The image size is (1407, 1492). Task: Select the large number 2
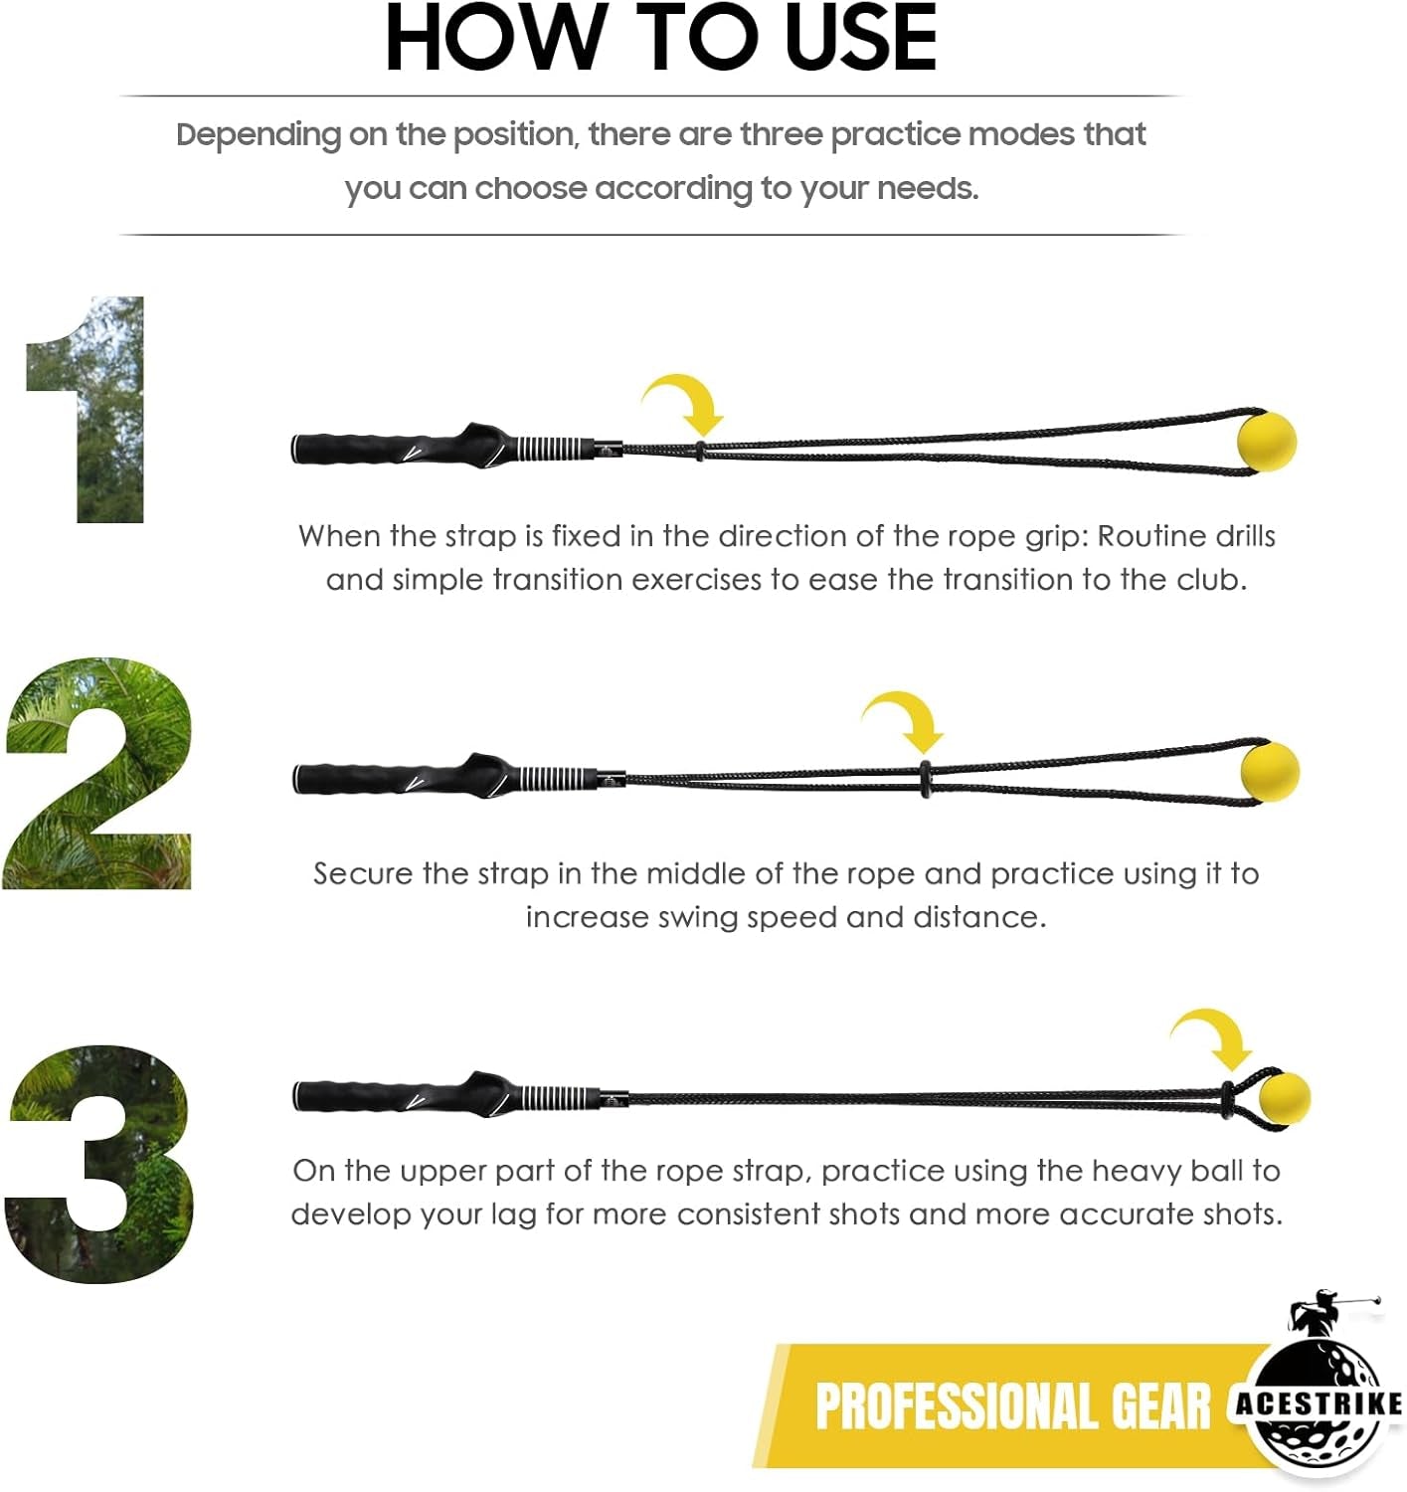97,774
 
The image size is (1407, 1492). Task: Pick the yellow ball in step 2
1270,772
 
